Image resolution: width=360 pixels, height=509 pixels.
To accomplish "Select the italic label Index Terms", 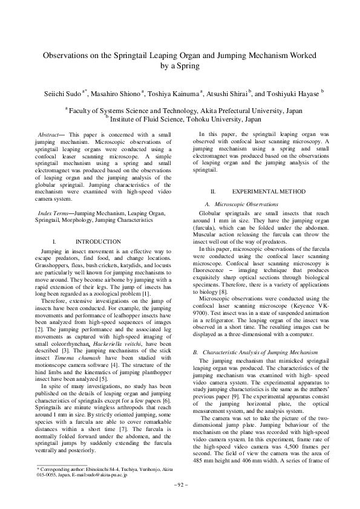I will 53,213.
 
